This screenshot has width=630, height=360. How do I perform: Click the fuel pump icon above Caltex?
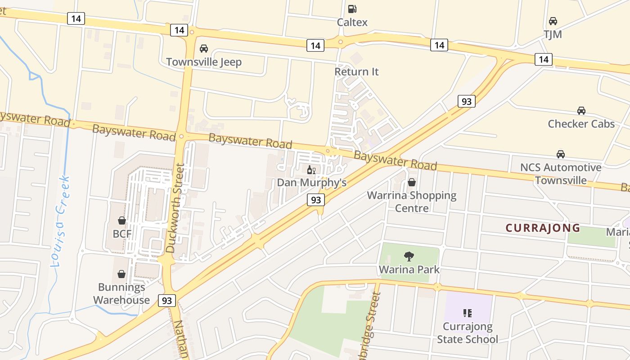(352, 9)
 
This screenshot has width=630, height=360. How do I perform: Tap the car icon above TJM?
(553, 21)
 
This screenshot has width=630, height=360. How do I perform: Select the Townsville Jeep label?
(204, 62)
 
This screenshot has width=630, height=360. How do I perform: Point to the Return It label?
(356, 72)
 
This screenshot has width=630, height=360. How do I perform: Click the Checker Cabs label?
(581, 124)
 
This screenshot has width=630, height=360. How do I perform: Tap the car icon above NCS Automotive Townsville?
(560, 154)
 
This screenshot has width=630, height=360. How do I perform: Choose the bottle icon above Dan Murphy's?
(310, 170)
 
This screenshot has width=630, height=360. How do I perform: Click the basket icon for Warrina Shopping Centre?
(411, 182)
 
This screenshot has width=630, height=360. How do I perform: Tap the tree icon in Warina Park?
(409, 256)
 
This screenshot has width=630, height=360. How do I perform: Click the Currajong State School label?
(467, 333)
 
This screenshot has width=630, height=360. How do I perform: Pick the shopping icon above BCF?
(121, 220)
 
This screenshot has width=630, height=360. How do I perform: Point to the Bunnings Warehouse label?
(121, 293)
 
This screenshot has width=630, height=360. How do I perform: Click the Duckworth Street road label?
(175, 207)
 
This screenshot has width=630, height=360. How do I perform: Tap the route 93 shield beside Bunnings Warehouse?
(166, 301)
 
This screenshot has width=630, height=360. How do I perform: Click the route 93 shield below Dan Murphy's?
(316, 199)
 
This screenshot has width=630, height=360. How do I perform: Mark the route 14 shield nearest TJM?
(543, 59)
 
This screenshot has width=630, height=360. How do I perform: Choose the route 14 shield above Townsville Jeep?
(179, 30)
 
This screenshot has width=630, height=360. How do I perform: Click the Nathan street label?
(181, 340)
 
